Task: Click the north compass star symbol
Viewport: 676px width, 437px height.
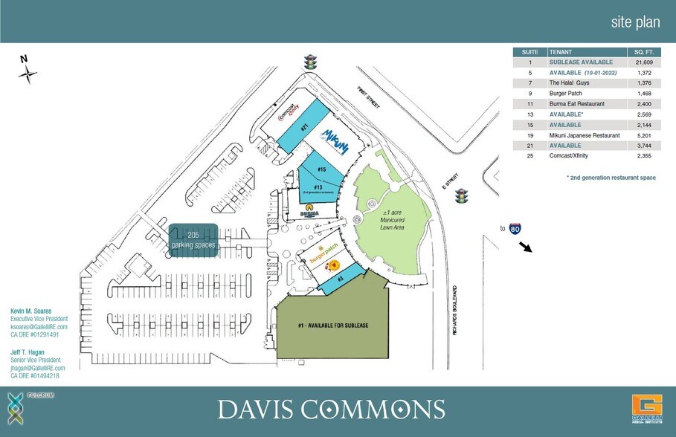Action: coord(28,74)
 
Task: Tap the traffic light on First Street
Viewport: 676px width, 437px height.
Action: coord(309,63)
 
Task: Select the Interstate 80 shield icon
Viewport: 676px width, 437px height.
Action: coord(515,228)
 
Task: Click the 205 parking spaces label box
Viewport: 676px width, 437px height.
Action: coord(193,240)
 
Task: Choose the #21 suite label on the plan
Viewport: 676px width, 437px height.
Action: coord(304,126)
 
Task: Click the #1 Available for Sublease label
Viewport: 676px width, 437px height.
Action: coord(333,326)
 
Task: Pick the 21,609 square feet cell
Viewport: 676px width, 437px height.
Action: coord(643,62)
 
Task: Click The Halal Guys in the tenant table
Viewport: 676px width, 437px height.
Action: coord(569,83)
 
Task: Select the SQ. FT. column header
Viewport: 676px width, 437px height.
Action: coord(643,52)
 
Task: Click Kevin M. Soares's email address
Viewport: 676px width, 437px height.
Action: coord(39,327)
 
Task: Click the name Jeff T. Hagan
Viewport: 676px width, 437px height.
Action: coord(27,352)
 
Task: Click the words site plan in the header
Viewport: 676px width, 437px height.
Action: coord(635,22)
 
